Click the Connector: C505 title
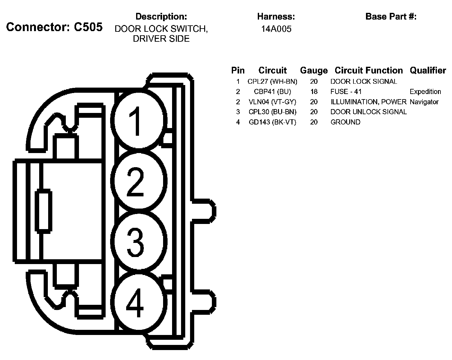[x=54, y=27]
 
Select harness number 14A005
[x=276, y=29]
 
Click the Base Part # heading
[x=391, y=16]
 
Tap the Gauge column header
[x=314, y=70]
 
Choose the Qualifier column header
[x=428, y=70]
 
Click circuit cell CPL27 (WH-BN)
[x=272, y=81]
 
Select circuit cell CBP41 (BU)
[x=272, y=92]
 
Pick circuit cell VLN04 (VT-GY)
[x=272, y=102]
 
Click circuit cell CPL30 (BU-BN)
[x=272, y=112]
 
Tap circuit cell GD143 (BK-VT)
[x=272, y=122]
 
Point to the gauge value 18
[x=314, y=92]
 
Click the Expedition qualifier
[x=425, y=92]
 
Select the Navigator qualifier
[x=424, y=102]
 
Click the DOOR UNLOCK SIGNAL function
[x=368, y=112]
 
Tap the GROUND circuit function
[x=345, y=122]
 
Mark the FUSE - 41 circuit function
[x=346, y=92]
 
